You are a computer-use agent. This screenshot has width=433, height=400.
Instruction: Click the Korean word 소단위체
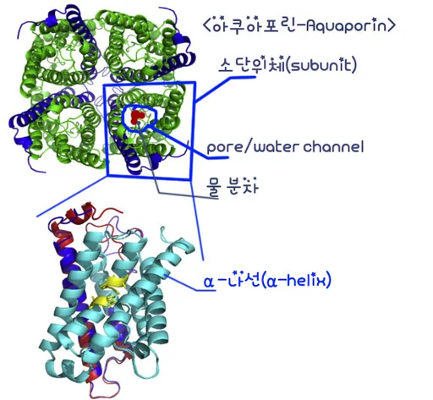tap(251, 65)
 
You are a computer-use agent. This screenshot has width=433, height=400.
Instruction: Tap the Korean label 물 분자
tap(232, 186)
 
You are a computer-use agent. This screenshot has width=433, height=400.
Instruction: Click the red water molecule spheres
tap(137, 117)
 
